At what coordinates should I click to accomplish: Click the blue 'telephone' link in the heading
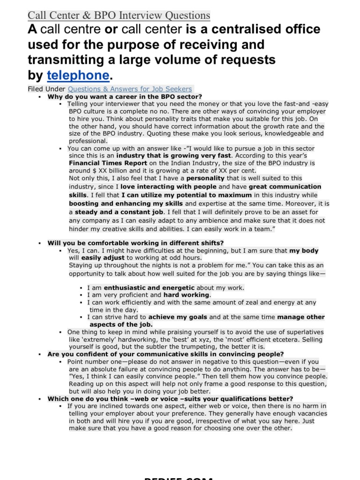tap(77, 75)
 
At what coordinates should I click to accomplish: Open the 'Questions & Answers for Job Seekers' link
tap(130, 89)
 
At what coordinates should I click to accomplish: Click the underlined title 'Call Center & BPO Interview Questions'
tap(119, 15)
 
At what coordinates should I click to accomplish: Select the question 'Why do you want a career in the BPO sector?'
tap(125, 97)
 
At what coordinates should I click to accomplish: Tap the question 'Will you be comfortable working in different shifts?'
tap(136, 243)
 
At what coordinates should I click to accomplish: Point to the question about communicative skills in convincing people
tap(165, 354)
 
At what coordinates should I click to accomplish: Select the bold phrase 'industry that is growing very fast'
tap(173, 156)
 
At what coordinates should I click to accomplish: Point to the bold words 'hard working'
tap(187, 295)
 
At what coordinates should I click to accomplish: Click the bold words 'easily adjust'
tap(103, 258)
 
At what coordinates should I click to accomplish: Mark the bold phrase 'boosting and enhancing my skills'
tap(126, 204)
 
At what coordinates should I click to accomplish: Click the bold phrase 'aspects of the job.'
tap(121, 324)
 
